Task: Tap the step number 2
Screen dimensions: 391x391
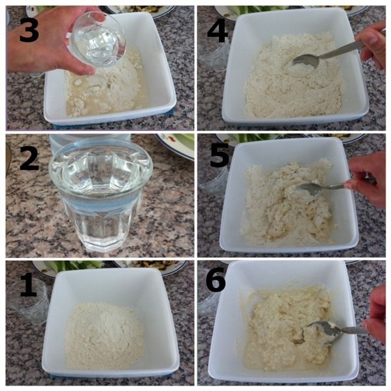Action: pyautogui.click(x=29, y=157)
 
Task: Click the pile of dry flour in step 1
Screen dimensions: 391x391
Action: pyautogui.click(x=105, y=335)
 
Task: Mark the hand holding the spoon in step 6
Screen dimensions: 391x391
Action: pyautogui.click(x=377, y=315)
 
